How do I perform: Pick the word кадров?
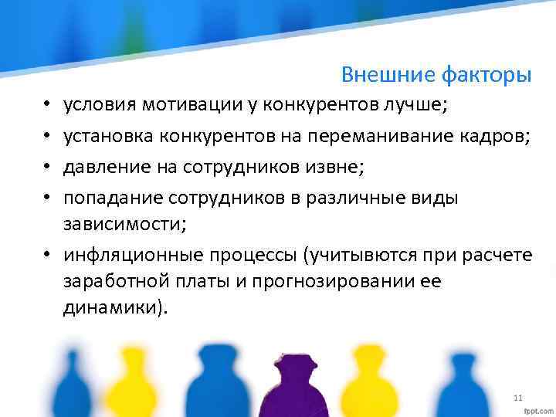(499, 137)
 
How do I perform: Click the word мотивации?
(192, 105)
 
